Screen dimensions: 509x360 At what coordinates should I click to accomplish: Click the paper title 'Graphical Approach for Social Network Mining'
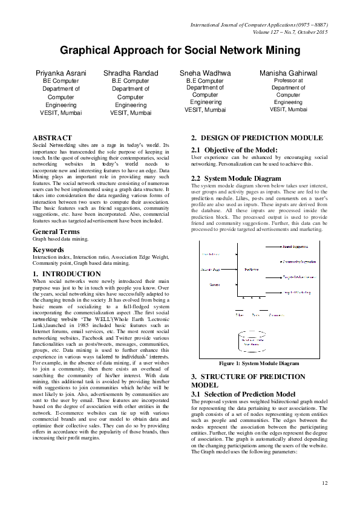(x=180, y=50)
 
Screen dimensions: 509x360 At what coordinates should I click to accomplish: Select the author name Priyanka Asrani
(x=62, y=73)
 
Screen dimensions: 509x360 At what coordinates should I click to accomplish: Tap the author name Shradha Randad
(x=130, y=73)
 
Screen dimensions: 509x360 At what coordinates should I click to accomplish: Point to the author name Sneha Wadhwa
(x=205, y=73)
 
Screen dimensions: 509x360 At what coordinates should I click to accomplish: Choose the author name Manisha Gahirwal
(x=288, y=73)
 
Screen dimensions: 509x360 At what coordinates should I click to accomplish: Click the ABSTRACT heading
(x=52, y=138)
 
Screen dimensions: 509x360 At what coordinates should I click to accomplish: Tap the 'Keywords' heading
(x=48, y=249)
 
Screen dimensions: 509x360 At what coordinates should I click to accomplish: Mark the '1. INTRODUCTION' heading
(x=67, y=274)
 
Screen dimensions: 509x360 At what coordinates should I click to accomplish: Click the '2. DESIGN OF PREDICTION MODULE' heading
(x=257, y=138)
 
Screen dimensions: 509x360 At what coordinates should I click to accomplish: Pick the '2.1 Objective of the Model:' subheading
(x=234, y=149)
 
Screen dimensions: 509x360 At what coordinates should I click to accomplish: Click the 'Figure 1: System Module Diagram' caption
(x=258, y=363)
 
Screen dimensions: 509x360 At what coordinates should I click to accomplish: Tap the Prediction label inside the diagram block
(x=252, y=270)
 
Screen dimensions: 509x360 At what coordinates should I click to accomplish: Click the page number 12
(x=324, y=482)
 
